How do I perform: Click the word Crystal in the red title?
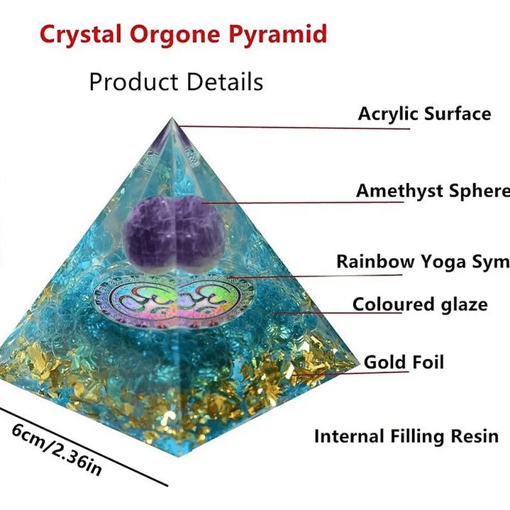[x=74, y=34]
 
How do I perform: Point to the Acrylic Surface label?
[x=424, y=113]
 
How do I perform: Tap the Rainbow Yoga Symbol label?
[x=423, y=261]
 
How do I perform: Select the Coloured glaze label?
[x=420, y=304]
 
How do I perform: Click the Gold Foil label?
[x=404, y=362]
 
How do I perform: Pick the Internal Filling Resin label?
[x=406, y=436]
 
